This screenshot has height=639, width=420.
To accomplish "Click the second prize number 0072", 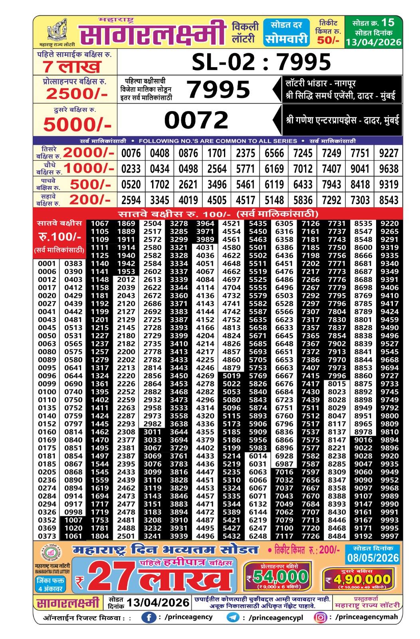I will [x=196, y=120].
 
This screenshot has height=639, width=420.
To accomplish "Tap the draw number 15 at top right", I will [x=388, y=22].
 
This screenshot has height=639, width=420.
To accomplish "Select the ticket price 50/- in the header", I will [x=328, y=40].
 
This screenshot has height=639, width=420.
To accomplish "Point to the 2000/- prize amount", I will [x=88, y=153].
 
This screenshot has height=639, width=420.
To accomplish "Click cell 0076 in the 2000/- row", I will [x=131, y=153].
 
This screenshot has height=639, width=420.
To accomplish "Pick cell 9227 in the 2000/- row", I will [x=389, y=153].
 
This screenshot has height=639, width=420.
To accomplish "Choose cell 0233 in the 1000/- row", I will [x=131, y=169].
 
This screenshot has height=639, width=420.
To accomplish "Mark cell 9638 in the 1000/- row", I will [x=389, y=169].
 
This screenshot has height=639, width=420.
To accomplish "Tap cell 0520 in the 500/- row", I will [x=131, y=185].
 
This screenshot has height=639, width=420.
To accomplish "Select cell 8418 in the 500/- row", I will [x=360, y=185].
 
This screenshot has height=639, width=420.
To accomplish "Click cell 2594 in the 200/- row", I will [x=131, y=200].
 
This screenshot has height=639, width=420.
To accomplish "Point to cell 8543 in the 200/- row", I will [x=389, y=200].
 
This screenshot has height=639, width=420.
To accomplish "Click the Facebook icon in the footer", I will [x=149, y=617].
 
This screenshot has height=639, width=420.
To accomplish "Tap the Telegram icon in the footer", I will [x=233, y=617].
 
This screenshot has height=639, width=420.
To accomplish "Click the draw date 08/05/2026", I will [x=373, y=558].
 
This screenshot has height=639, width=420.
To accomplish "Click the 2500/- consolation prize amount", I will [x=77, y=94].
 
